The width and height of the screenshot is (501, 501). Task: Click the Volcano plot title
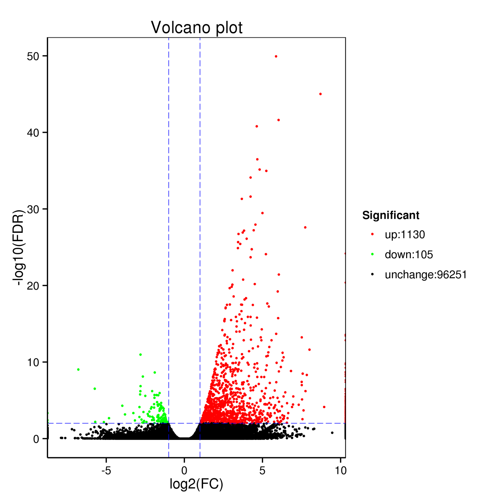(197, 28)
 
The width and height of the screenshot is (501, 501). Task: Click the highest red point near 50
(276, 56)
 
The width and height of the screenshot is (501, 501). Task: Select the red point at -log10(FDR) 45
(320, 94)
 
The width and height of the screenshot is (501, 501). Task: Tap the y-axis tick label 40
(33, 133)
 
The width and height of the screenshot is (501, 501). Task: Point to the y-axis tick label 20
(33, 286)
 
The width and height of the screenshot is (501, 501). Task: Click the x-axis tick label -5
(106, 471)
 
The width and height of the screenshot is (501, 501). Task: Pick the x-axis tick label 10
(341, 471)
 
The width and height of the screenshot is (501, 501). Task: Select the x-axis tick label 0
(184, 471)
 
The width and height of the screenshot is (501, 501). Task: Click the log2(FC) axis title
(196, 484)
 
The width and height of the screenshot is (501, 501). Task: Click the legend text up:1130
(405, 235)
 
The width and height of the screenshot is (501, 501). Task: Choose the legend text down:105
(409, 255)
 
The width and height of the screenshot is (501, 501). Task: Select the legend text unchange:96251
(426, 275)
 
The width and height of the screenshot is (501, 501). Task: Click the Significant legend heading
(391, 215)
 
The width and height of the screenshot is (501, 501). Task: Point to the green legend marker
(372, 255)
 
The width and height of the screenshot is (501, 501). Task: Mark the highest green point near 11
(141, 354)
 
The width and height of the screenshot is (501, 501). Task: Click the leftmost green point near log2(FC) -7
(78, 369)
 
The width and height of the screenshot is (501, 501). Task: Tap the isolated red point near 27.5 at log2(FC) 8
(305, 227)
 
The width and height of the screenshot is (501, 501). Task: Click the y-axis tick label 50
(33, 56)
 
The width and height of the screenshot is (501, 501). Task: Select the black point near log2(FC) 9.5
(332, 433)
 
